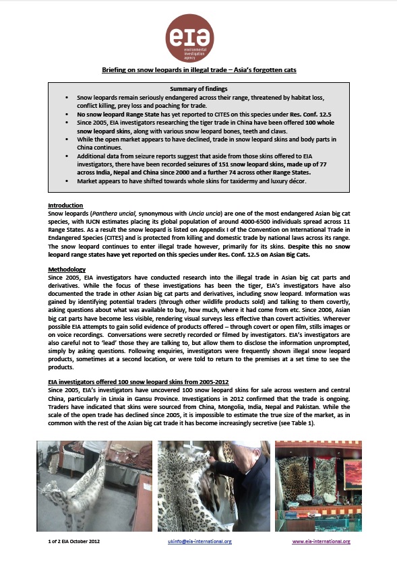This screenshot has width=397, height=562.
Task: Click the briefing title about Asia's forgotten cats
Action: pyautogui.click(x=198, y=69)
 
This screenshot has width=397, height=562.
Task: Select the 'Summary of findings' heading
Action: pyautogui.click(x=198, y=90)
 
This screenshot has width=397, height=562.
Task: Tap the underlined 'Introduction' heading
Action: pyautogui.click(x=65, y=205)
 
